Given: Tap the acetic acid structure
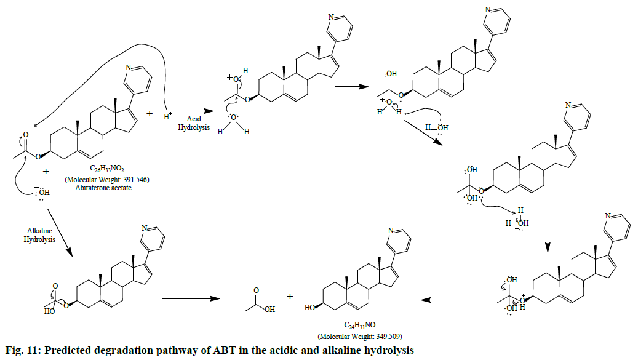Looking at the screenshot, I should (x=258, y=300).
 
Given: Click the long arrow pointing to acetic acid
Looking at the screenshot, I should (x=190, y=299).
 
